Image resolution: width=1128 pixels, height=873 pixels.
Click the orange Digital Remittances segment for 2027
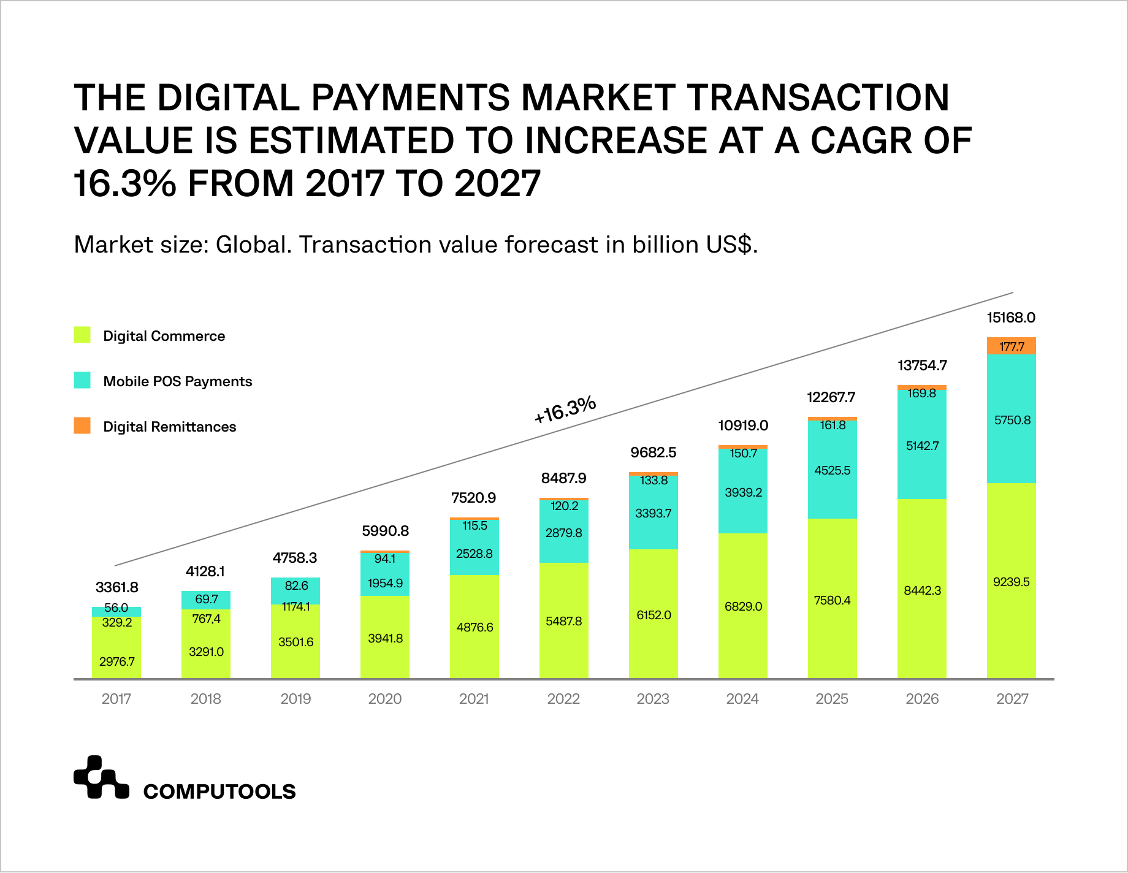(x=1011, y=346)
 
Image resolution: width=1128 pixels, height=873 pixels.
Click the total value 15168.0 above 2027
(x=1011, y=318)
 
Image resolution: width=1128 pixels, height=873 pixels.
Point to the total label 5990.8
(x=385, y=531)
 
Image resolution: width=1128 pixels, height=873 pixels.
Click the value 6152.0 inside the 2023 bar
(x=654, y=615)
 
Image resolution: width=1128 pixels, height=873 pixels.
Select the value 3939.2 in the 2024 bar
(x=743, y=492)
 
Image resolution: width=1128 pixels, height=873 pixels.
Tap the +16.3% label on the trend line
(x=565, y=409)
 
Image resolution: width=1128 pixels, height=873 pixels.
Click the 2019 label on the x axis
(x=295, y=699)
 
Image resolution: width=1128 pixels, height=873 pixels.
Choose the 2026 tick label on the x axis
(x=922, y=699)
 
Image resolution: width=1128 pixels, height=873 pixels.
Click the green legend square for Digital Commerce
(x=82, y=335)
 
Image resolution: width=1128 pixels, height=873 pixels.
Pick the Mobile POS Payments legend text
(x=177, y=381)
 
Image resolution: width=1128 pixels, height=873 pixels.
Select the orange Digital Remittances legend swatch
(x=82, y=425)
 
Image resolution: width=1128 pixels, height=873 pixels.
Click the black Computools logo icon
(x=101, y=778)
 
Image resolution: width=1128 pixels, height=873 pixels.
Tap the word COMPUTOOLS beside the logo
(x=219, y=791)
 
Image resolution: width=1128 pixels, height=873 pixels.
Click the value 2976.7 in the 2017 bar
(x=116, y=661)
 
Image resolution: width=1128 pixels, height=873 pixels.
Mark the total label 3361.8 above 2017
(x=116, y=587)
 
